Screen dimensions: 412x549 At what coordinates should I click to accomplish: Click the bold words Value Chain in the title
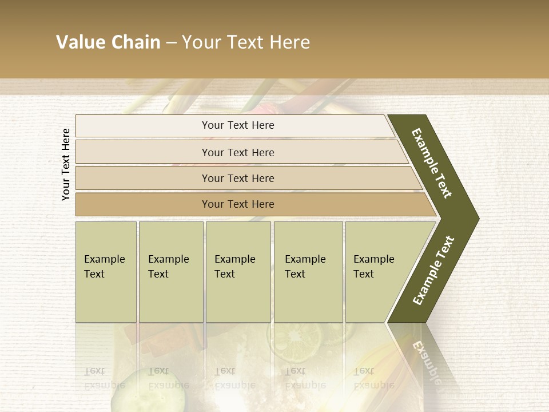point(108,42)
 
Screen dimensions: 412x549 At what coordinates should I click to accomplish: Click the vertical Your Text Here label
point(66,164)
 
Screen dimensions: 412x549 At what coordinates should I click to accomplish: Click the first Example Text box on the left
point(106,272)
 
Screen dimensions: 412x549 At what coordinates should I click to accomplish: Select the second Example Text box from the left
point(170,272)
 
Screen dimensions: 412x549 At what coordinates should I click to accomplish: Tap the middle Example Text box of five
point(238,272)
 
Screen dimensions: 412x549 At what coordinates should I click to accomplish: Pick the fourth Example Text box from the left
point(308,272)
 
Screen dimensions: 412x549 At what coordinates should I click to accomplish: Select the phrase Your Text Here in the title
point(246,42)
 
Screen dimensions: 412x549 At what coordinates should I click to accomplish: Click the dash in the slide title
point(171,42)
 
